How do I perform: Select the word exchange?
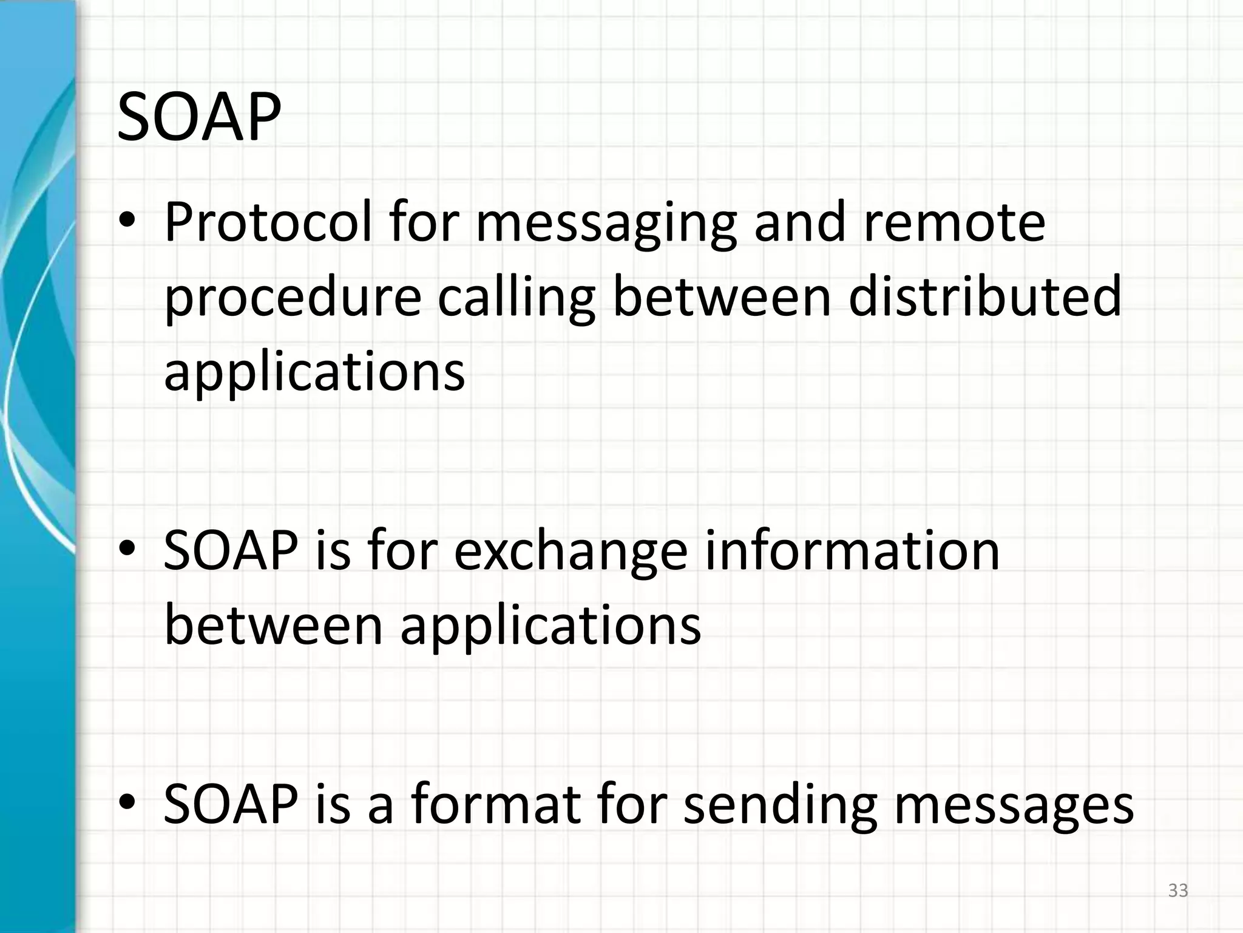[x=571, y=552]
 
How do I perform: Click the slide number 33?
[x=1178, y=891]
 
